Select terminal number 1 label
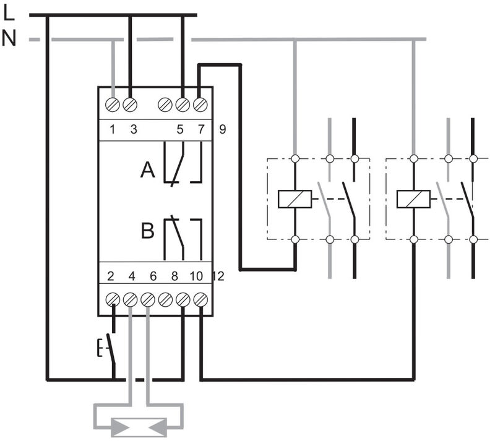click(113, 130)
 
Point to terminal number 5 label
click(180, 130)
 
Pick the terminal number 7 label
click(199, 130)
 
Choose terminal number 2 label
click(113, 276)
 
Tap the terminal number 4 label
click(131, 276)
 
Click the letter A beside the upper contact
click(147, 169)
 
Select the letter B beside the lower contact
click(147, 232)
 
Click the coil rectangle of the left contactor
click(295, 199)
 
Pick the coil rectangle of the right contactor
click(413, 199)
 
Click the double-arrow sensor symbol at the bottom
click(137, 427)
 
